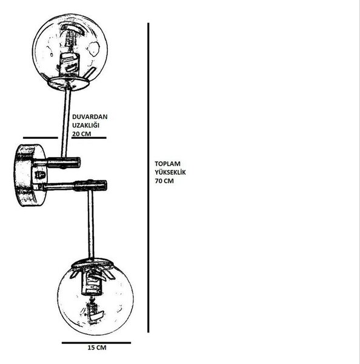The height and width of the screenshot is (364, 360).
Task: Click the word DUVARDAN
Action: pos(90,116)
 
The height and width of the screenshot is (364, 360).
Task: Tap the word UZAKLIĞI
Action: pos(85,126)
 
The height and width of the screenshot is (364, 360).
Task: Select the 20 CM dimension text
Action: pos(81,133)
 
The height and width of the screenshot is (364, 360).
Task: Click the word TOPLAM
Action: pos(167,164)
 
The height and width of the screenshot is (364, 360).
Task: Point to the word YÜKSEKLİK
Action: pos(170,172)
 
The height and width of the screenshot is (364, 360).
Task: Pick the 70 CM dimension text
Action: pos(164,181)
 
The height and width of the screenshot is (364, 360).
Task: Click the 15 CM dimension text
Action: pos(97,348)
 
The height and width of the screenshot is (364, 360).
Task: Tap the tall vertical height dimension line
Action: pos(148,178)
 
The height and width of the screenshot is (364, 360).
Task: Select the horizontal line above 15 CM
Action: pos(96,343)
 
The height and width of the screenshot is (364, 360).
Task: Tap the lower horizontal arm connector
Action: pos(75,186)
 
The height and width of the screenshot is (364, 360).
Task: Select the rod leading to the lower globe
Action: pos(91,224)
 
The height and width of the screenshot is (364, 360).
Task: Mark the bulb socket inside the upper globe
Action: pos(68,64)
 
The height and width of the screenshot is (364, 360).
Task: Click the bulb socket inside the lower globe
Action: pos(92,283)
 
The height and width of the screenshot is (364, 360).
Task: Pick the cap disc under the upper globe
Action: pos(68,84)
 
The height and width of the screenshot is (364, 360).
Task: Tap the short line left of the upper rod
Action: pos(41,138)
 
